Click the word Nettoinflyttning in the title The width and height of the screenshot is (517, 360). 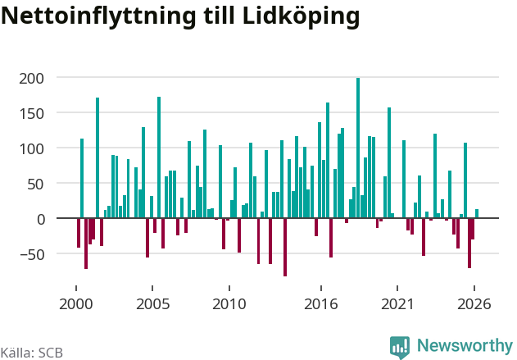click(x=99, y=16)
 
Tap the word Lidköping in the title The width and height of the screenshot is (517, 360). click(x=302, y=16)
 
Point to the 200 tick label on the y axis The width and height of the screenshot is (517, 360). click(x=31, y=79)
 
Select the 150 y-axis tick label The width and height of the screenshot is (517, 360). click(x=31, y=114)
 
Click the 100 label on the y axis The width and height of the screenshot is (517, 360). click(x=31, y=149)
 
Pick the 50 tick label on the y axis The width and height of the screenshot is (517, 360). click(x=35, y=185)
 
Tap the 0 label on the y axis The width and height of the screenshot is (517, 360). click(x=40, y=220)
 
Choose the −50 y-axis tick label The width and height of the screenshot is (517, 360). click(x=32, y=255)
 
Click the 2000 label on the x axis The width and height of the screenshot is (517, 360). click(x=76, y=304)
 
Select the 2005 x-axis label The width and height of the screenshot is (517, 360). click(x=152, y=304)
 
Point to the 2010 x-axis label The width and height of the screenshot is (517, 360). click(x=229, y=304)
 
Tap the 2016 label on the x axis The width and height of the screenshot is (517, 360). click(x=321, y=304)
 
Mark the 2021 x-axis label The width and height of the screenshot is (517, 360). click(x=397, y=304)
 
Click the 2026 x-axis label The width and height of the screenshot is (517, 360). click(x=474, y=304)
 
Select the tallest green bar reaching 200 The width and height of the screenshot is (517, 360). click(x=358, y=148)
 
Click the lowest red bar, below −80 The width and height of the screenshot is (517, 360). click(x=285, y=247)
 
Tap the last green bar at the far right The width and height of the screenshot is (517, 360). click(x=477, y=213)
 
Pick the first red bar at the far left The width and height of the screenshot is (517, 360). click(x=79, y=233)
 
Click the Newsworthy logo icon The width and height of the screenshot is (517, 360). click(x=400, y=347)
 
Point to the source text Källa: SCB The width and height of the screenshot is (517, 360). click(x=32, y=353)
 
